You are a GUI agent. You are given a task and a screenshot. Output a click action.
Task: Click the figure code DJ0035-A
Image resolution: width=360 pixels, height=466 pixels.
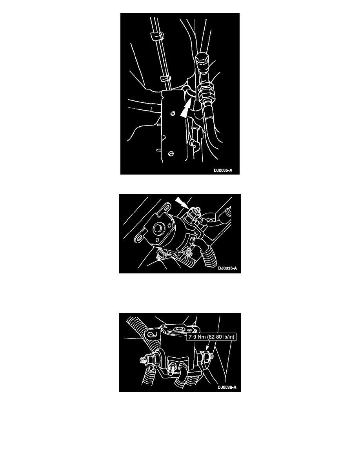click(223, 170)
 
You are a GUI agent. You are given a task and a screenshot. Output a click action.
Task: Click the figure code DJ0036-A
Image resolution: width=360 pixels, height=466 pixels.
click(227, 268)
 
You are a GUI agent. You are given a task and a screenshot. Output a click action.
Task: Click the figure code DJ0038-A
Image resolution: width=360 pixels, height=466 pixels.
click(227, 387)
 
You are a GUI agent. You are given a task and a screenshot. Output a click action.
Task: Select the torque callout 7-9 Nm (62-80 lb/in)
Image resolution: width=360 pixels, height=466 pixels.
click(211, 337)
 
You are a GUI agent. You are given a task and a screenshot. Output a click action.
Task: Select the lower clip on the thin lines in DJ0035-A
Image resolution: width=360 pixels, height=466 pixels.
click(166, 79)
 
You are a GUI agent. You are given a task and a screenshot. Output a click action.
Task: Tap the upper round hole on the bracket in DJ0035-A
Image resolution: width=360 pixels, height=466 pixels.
click(172, 113)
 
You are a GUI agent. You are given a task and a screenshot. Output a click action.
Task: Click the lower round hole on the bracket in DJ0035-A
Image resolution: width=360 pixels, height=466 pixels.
click(171, 154)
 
